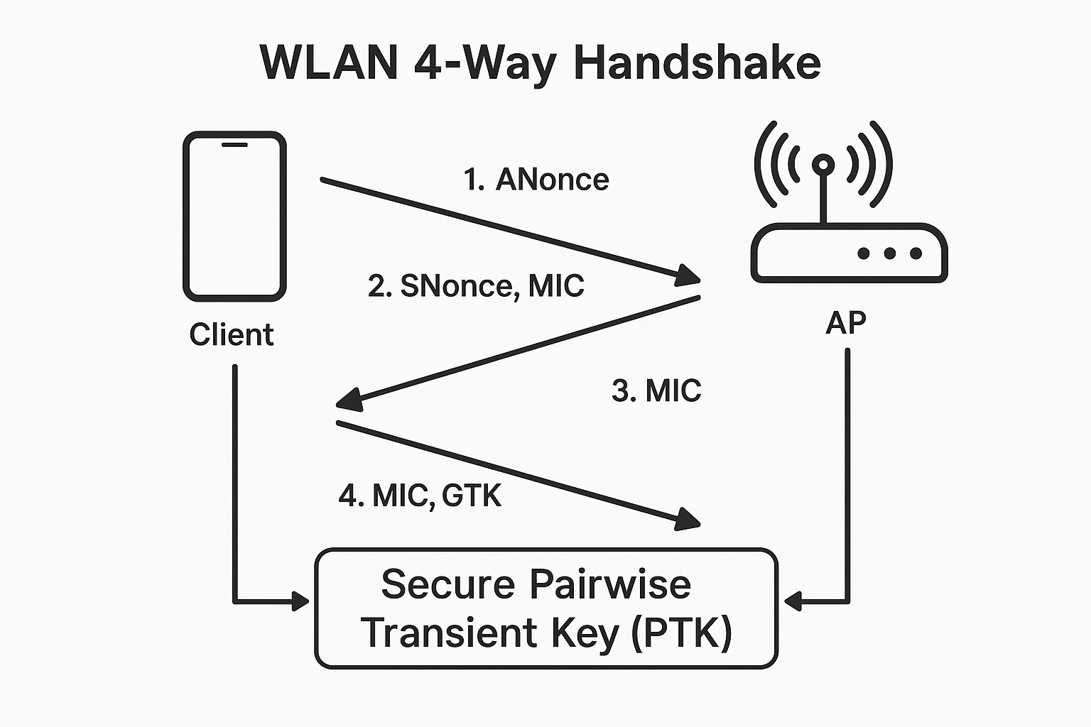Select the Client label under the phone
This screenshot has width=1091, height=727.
[x=232, y=334]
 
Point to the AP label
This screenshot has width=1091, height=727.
[x=845, y=323]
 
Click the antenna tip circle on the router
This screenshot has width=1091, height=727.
[x=823, y=165]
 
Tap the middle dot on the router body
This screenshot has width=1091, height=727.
[x=889, y=253]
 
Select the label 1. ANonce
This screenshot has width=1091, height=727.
[x=536, y=180]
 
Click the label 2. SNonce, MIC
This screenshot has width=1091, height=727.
[x=476, y=285]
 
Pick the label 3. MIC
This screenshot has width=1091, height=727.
[x=656, y=390]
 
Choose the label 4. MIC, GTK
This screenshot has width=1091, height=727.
[x=420, y=496]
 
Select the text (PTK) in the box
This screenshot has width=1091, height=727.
[x=683, y=633]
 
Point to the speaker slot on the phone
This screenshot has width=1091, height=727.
[x=234, y=145]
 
